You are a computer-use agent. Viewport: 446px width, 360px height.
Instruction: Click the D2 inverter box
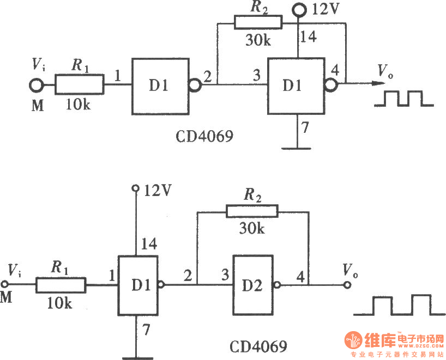[x=253, y=285]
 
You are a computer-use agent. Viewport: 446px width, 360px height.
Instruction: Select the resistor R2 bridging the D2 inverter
[x=254, y=211]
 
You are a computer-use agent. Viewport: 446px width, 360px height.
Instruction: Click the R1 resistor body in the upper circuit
[x=80, y=85]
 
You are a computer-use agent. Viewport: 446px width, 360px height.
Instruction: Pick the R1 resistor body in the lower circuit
[x=61, y=285]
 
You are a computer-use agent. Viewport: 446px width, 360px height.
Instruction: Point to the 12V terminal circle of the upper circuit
[x=299, y=10]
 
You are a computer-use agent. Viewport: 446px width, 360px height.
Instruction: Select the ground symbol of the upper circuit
[x=298, y=147]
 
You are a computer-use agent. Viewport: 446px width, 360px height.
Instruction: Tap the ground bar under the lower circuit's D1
[x=136, y=357]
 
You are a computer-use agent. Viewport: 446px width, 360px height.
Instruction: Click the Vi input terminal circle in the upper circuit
[x=35, y=85]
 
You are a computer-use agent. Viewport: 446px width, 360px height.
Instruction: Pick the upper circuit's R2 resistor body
[x=258, y=22]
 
